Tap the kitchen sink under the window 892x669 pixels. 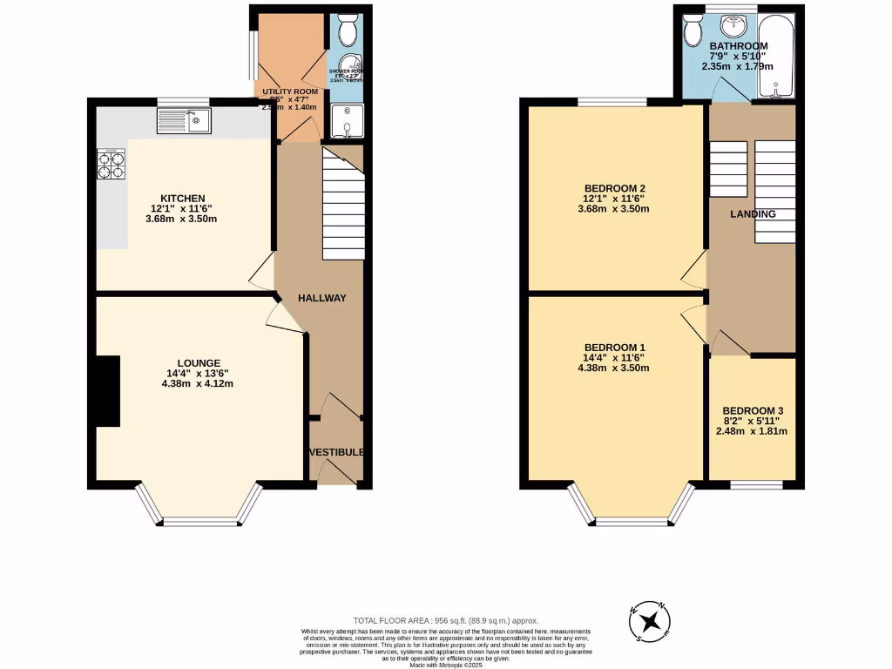pos(184,120)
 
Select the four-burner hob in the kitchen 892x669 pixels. pos(111,165)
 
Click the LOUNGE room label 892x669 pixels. pos(199,363)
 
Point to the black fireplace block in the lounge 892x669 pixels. pos(107,391)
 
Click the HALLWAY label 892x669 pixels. pos(322,298)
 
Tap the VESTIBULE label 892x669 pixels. pos(335,452)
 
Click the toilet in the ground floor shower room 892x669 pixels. pos(347,31)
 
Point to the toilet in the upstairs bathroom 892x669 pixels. pos(693,31)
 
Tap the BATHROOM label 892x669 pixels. pos(739,46)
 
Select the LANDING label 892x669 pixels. pos(753,213)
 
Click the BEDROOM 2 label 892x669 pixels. pos(615,188)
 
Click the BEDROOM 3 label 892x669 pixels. pos(752,410)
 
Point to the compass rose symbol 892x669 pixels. pos(649,621)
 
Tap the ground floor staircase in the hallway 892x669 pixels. pos(343,206)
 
